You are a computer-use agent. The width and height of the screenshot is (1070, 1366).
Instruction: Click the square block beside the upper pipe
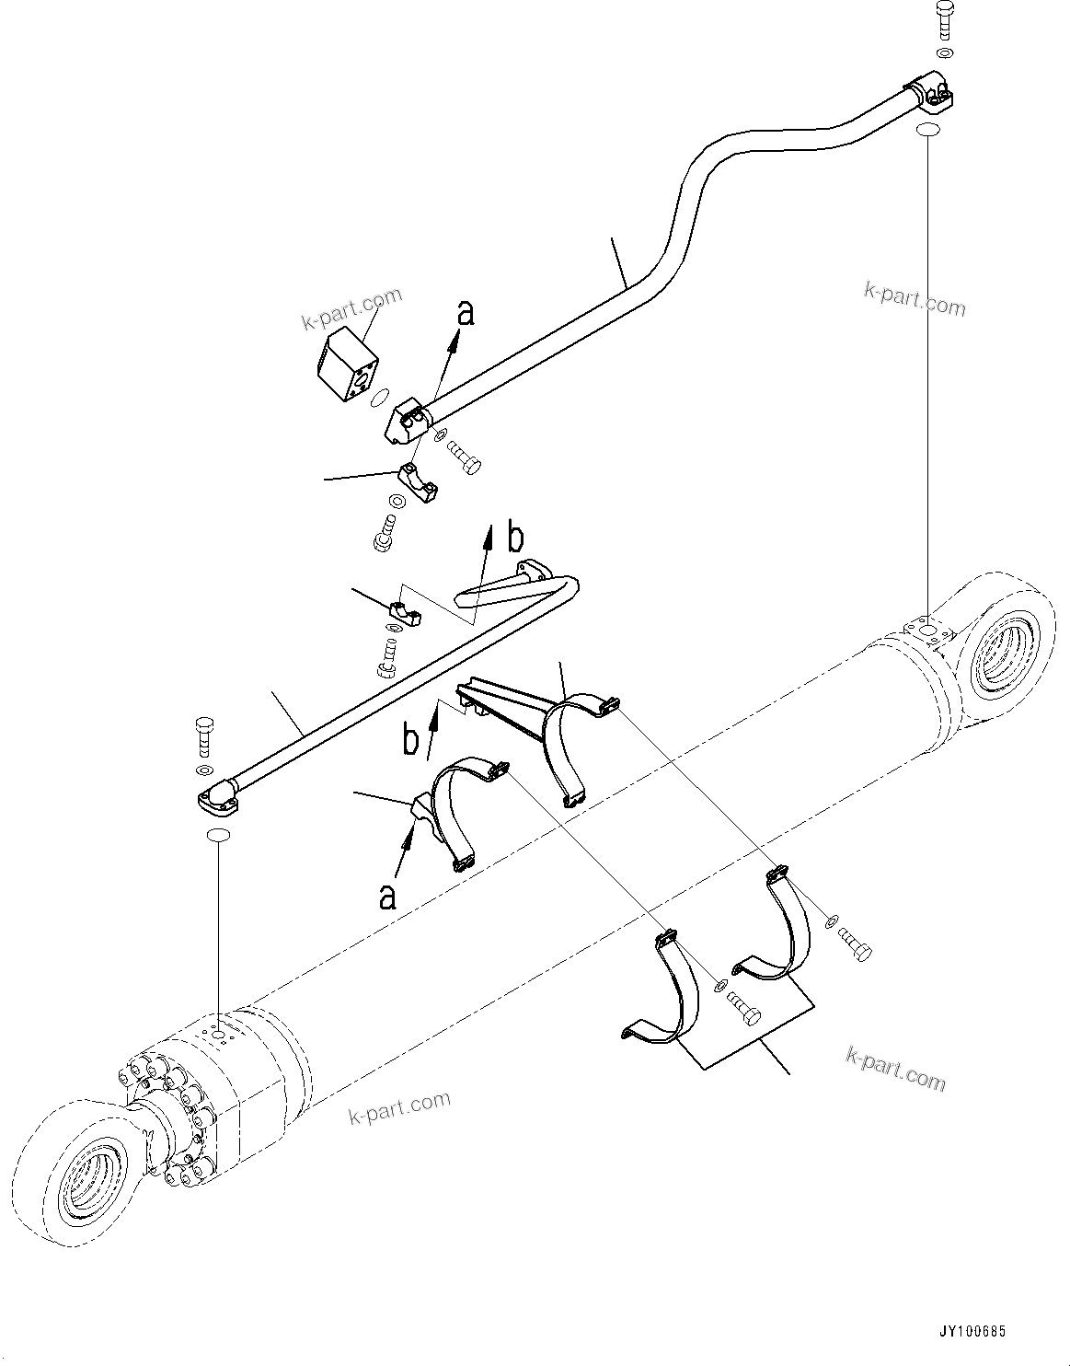(349, 366)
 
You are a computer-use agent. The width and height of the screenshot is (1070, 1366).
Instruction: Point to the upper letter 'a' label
(466, 314)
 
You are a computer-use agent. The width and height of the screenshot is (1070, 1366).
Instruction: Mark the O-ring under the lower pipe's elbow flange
(218, 835)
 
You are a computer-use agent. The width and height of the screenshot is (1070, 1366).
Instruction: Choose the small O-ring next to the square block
(376, 398)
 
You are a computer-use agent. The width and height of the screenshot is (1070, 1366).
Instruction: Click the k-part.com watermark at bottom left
(399, 1107)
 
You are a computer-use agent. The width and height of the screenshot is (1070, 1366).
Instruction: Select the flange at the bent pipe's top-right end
(931, 93)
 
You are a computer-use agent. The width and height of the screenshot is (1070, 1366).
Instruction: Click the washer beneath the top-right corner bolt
(945, 52)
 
